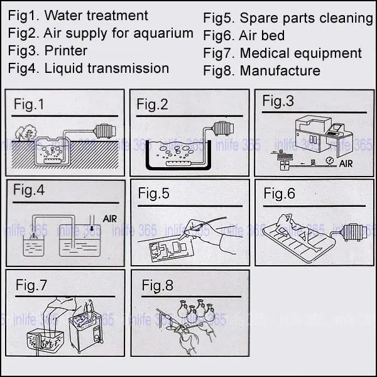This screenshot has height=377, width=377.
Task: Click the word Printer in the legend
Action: coord(65,51)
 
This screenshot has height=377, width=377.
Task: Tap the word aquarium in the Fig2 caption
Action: coord(163,34)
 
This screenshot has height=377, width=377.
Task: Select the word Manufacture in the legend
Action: coord(280,70)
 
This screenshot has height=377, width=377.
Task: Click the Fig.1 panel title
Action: coord(29,104)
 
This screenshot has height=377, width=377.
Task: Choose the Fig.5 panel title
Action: coord(153,194)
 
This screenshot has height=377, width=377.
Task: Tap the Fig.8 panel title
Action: coord(157,285)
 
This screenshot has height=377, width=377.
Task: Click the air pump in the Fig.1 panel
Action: coord(105,131)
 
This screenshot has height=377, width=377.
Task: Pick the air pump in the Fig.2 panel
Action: coord(223,128)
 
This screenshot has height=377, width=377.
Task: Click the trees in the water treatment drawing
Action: coord(26,133)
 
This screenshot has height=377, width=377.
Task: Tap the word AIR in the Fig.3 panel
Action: coord(346,164)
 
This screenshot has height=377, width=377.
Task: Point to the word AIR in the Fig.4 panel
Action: coord(109,219)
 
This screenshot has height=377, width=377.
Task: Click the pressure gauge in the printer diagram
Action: coord(329,160)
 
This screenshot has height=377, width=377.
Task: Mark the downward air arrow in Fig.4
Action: coord(92,228)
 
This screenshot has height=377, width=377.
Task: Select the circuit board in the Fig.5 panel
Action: coord(171,250)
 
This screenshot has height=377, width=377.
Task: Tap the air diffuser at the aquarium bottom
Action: coord(178,164)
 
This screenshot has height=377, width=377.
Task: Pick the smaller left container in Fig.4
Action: coord(34,245)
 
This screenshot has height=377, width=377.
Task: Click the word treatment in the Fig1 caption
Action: coord(117,16)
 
